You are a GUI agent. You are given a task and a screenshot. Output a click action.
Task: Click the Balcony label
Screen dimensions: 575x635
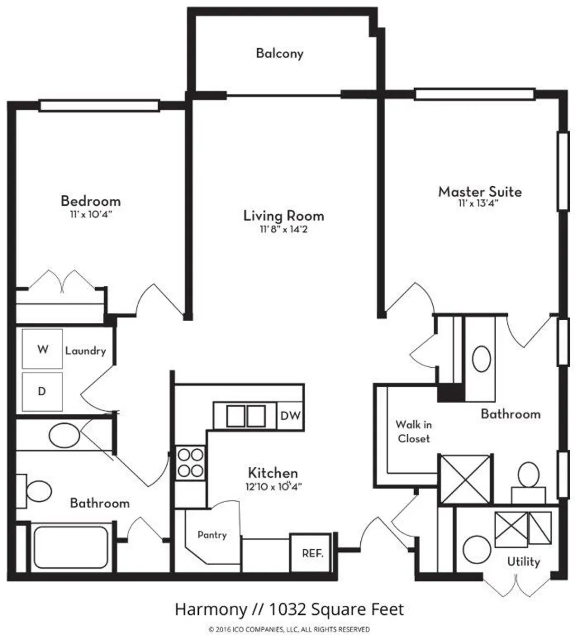pyautogui.click(x=279, y=53)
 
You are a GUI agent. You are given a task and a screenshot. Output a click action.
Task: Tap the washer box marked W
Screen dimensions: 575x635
pyautogui.click(x=42, y=349)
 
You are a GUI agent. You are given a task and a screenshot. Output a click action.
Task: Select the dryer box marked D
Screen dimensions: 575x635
pyautogui.click(x=42, y=392)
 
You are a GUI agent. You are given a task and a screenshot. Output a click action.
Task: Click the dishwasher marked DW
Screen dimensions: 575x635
pyautogui.click(x=290, y=415)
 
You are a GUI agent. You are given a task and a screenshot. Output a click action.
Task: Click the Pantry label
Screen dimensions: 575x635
pyautogui.click(x=212, y=534)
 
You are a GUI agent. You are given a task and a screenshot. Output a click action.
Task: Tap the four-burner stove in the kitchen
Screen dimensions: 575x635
pyautogui.click(x=190, y=463)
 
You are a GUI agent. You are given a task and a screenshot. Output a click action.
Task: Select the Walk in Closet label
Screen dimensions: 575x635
pyautogui.click(x=414, y=431)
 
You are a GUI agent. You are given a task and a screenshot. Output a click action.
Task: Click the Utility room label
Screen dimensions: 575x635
pyautogui.click(x=523, y=561)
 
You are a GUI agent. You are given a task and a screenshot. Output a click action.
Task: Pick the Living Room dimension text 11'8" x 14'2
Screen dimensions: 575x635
pyautogui.click(x=284, y=229)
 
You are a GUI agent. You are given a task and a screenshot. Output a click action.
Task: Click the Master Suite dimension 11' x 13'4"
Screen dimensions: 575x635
pyautogui.click(x=478, y=203)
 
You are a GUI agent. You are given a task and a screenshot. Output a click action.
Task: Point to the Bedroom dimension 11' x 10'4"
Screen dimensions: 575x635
pyautogui.click(x=91, y=214)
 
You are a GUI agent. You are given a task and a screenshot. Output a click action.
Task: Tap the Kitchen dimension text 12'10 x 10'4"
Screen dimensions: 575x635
pyautogui.click(x=273, y=486)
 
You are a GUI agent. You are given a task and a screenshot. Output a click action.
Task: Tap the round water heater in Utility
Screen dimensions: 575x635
pyautogui.click(x=477, y=550)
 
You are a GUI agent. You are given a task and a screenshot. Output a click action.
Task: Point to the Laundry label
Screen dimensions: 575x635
pyautogui.click(x=86, y=351)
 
